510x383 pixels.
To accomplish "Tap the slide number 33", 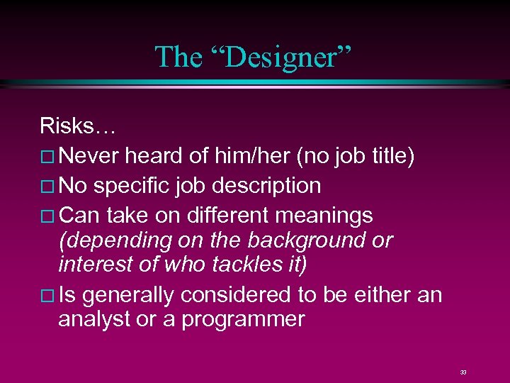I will point(463,372).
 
